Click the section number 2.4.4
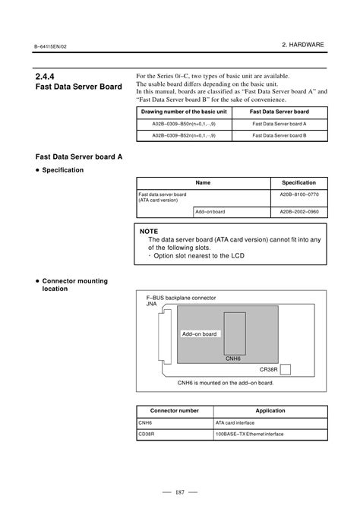click(45, 77)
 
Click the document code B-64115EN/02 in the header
click(50, 46)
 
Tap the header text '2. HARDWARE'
click(303, 45)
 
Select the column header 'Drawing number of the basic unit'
click(184, 112)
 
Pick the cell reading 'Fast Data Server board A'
click(279, 124)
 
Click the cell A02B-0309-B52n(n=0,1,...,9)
click(184, 135)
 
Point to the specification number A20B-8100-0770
click(299, 194)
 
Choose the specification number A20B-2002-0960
click(299, 212)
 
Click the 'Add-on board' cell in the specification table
click(210, 212)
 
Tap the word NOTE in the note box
click(149, 232)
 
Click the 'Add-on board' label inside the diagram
click(199, 334)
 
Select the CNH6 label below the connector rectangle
click(233, 359)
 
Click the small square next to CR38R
click(286, 369)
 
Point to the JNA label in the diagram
click(151, 304)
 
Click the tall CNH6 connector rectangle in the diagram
click(235, 334)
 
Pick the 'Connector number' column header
click(175, 411)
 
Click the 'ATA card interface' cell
click(235, 422)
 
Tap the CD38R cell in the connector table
click(146, 434)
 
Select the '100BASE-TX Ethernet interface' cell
click(249, 434)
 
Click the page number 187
click(180, 492)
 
